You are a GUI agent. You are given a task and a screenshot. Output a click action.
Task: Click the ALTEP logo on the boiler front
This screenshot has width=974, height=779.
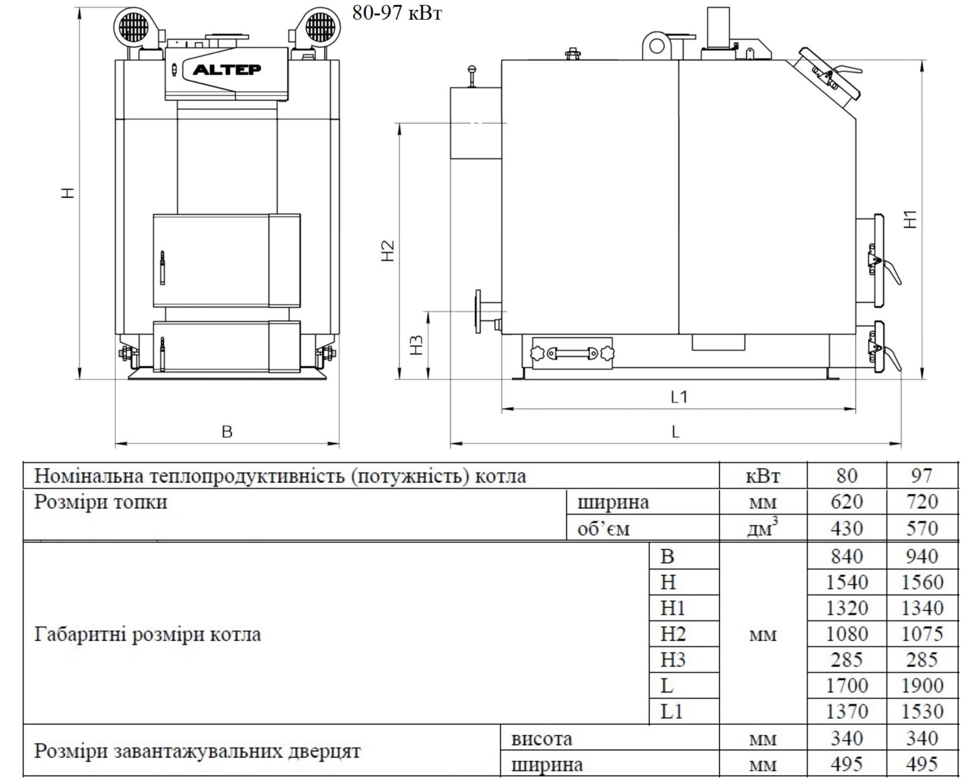(x=227, y=70)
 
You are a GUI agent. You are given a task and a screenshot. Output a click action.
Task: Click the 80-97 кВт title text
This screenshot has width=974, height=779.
(x=397, y=13)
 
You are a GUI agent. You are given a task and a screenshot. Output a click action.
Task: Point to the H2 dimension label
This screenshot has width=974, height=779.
(x=388, y=251)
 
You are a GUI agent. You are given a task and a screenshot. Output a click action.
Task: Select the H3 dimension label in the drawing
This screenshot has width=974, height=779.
(x=417, y=345)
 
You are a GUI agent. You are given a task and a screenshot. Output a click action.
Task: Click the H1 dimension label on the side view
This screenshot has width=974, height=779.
(x=910, y=219)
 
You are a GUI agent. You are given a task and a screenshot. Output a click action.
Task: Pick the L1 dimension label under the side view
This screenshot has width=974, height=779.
(x=679, y=397)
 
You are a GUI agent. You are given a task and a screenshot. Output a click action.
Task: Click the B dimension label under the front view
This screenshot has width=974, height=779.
(x=227, y=432)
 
